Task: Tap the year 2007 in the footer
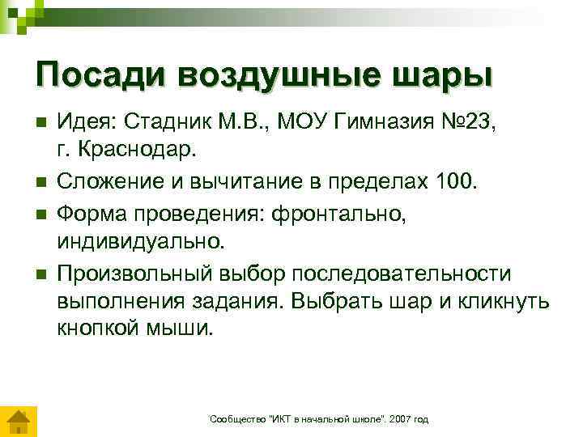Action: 399,418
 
